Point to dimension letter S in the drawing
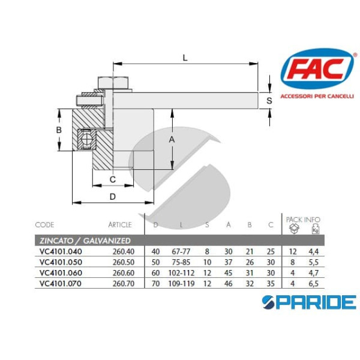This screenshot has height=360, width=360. coord(269,101)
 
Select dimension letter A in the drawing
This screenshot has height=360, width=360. coord(172,139)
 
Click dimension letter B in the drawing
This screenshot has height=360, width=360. coord(59,130)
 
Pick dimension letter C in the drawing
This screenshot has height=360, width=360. coord(112,179)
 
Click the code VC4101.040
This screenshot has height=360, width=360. coord(60,252)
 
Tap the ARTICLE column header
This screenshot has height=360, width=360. coord(120,225)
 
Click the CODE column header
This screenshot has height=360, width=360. coord(45,225)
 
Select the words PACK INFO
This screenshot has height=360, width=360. coord(304,220)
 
